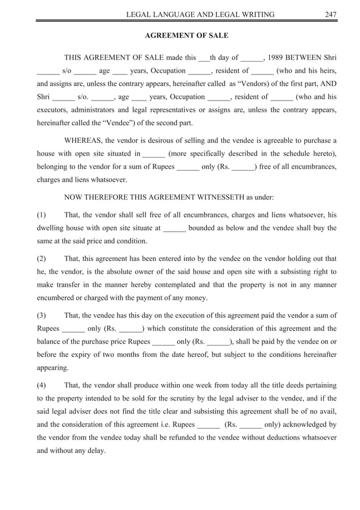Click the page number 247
coord(330,14)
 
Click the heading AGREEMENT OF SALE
coord(187,36)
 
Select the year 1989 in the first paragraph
coord(276,58)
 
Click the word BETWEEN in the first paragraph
coord(306,58)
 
